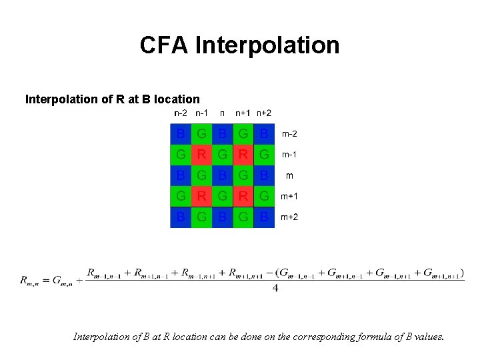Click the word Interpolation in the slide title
(x=267, y=45)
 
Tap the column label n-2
(x=180, y=113)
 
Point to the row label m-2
(x=289, y=134)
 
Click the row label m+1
(x=289, y=197)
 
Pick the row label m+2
(x=289, y=217)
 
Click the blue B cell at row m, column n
(x=222, y=176)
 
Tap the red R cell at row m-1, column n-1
(x=201, y=155)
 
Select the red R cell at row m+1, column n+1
(x=243, y=197)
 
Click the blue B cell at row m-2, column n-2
(x=181, y=134)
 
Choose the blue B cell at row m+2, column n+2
(x=264, y=217)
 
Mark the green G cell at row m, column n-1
(x=201, y=176)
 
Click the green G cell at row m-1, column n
(x=222, y=155)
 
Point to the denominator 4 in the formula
(x=275, y=289)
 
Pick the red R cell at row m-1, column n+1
(x=243, y=155)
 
